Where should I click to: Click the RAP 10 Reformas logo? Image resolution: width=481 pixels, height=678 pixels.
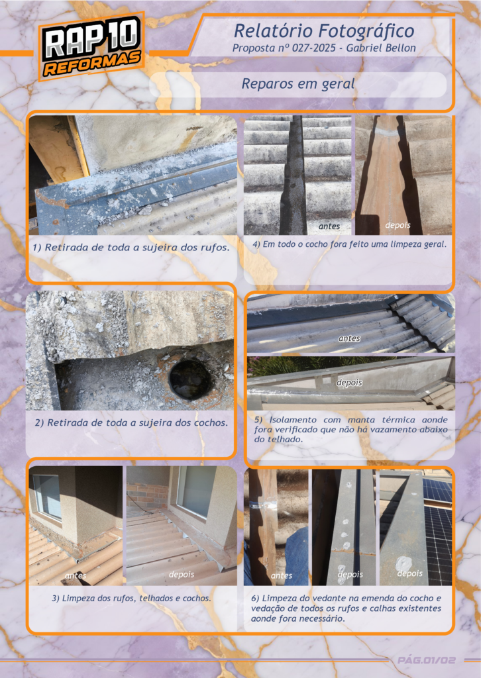[x=91, y=46]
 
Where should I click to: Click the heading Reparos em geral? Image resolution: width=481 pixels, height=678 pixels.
[x=298, y=84]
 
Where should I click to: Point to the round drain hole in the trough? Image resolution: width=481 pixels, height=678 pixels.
[x=190, y=379]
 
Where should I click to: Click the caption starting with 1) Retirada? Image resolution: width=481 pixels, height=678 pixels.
[x=131, y=248]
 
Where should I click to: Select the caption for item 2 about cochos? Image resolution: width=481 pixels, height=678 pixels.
[x=131, y=423]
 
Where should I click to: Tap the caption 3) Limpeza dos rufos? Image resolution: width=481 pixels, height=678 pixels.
[x=131, y=599]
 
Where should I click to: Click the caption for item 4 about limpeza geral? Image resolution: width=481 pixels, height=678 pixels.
[x=350, y=244]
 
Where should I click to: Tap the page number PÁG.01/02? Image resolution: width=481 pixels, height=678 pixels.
[x=427, y=660]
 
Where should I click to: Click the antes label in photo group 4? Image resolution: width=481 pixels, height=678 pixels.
[x=329, y=226]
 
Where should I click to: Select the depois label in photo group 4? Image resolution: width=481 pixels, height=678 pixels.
[x=398, y=225]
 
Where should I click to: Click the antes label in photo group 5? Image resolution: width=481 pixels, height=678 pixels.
[x=349, y=338]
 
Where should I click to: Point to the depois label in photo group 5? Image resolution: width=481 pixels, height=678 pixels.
[x=349, y=383]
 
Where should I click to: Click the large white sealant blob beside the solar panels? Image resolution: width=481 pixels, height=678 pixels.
[x=404, y=563]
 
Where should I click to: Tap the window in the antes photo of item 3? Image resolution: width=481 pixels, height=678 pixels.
[x=48, y=496]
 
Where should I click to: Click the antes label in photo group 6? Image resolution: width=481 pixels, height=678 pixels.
[x=282, y=575]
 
